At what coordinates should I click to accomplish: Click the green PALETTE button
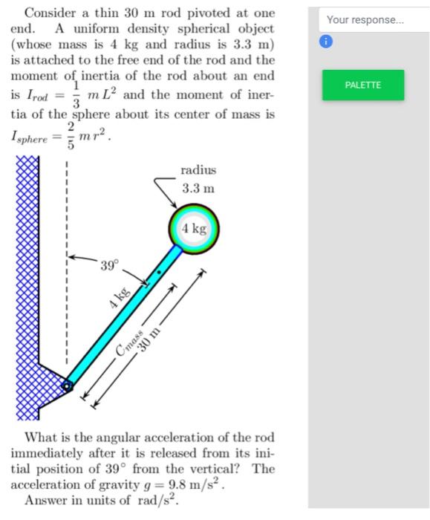point(363,85)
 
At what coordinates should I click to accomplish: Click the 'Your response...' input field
point(363,20)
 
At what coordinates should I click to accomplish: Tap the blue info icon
point(325,42)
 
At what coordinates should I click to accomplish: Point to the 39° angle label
point(109,265)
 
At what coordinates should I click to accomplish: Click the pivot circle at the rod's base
point(68,386)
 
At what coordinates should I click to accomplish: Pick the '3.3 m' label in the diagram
point(198,189)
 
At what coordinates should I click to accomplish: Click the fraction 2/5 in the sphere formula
point(71,137)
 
